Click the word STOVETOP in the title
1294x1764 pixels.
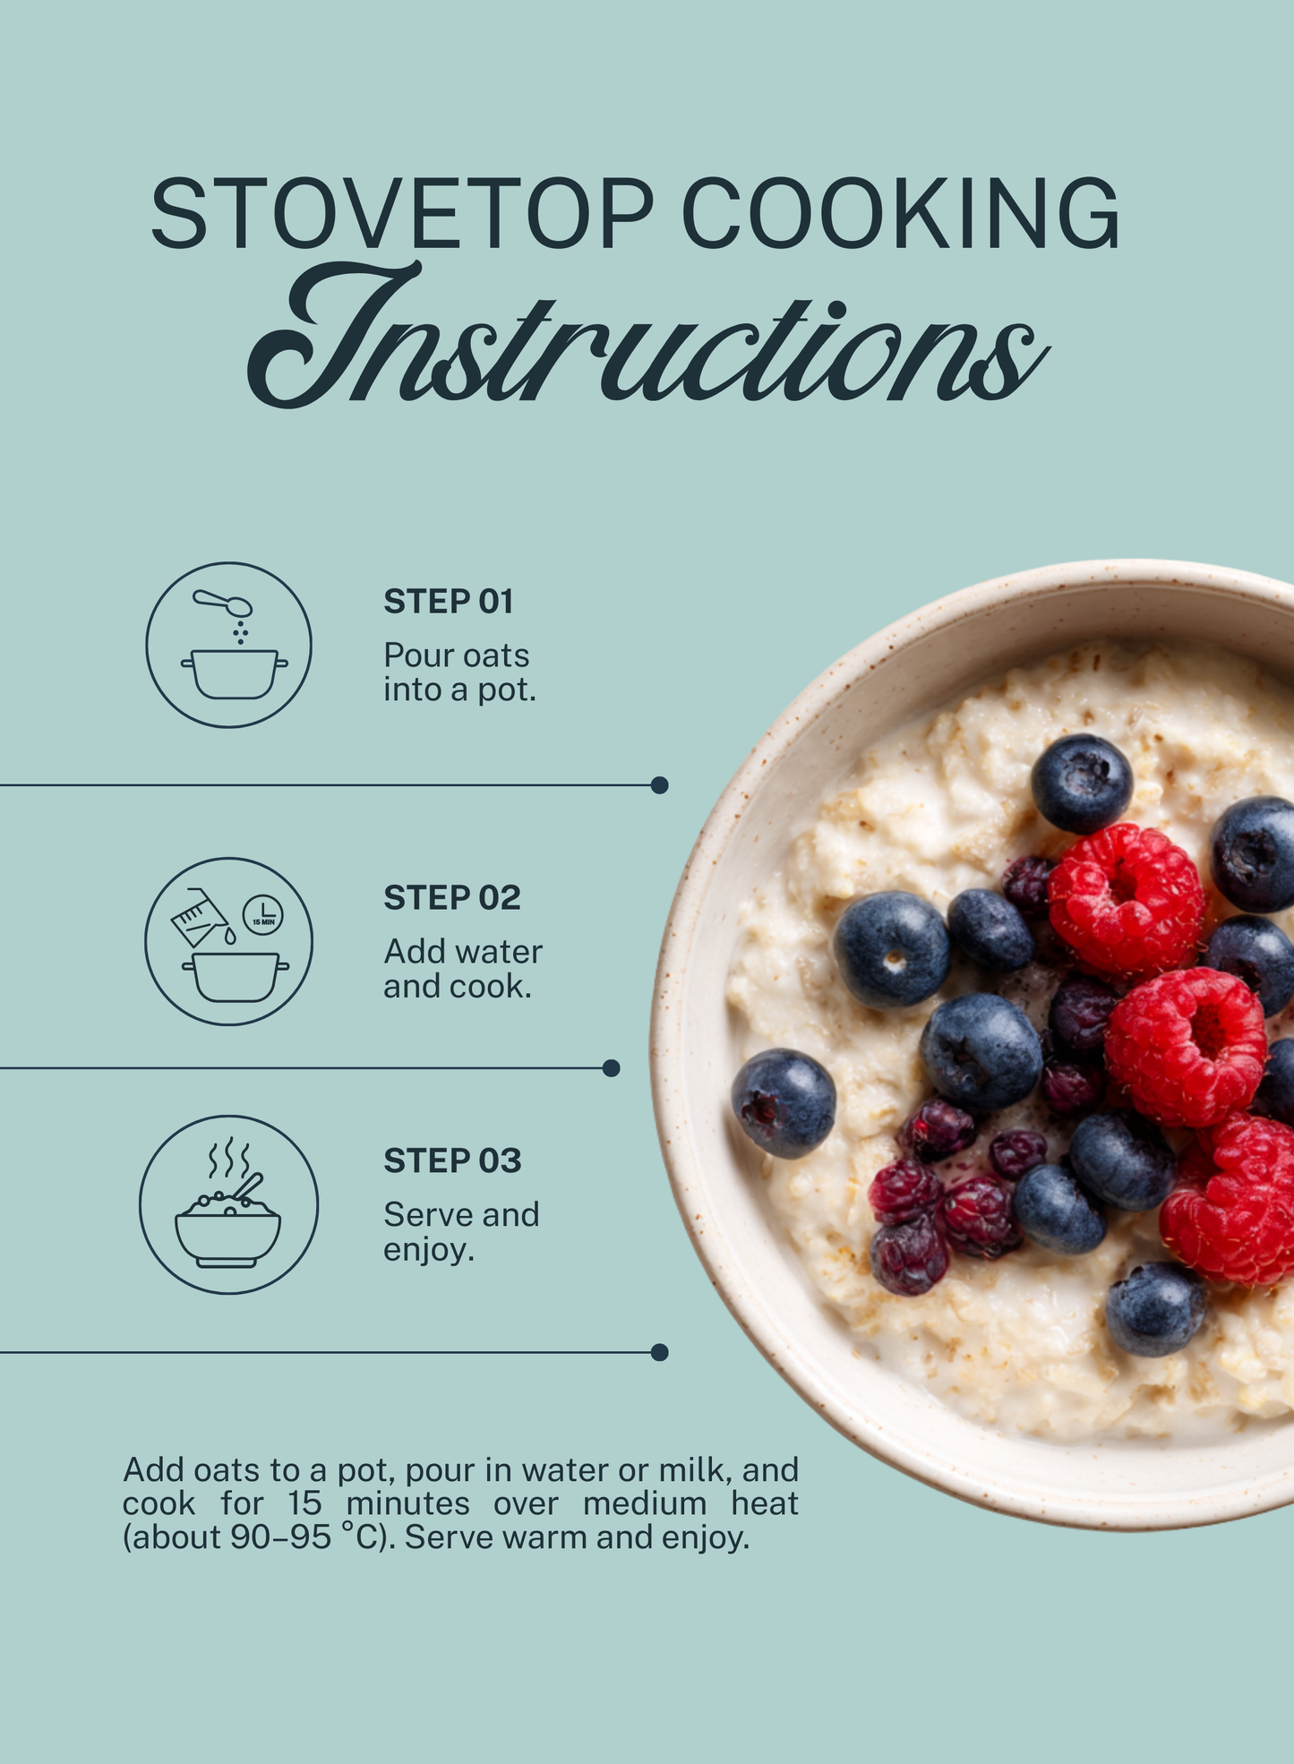click(x=402, y=213)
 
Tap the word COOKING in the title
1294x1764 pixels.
click(x=901, y=213)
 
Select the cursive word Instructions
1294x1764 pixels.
click(x=647, y=336)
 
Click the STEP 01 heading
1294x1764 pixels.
click(x=449, y=602)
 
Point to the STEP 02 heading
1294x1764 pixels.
click(x=452, y=897)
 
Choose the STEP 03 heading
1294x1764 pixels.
click(x=452, y=1160)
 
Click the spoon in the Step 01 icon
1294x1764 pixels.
click(x=223, y=603)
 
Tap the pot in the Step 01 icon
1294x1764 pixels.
click(x=235, y=674)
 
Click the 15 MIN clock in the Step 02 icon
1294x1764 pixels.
click(x=263, y=913)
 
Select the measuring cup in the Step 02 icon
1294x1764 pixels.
click(x=199, y=918)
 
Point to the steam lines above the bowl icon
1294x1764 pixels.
click(x=229, y=1159)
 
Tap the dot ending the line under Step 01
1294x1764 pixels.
click(x=659, y=785)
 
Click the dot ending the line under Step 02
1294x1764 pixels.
click(x=612, y=1068)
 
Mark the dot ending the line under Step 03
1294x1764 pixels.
click(x=659, y=1352)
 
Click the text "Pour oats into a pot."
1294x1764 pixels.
click(x=459, y=672)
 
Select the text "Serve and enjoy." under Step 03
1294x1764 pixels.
click(x=461, y=1232)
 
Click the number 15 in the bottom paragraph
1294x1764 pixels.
click(x=304, y=1503)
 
